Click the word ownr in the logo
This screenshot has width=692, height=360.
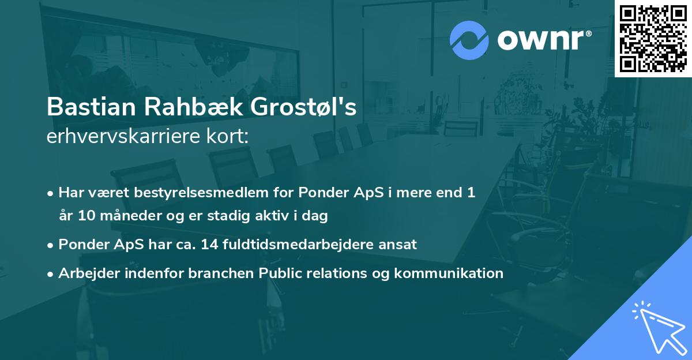click(x=539, y=40)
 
